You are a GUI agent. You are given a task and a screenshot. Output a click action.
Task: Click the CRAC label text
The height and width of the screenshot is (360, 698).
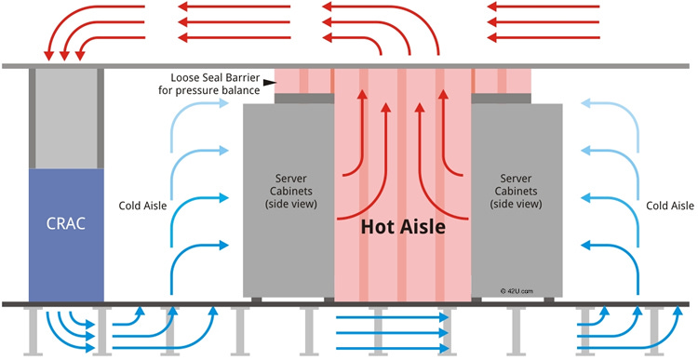[x=64, y=223]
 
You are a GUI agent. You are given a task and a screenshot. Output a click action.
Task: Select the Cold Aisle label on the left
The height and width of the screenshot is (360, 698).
[x=143, y=206]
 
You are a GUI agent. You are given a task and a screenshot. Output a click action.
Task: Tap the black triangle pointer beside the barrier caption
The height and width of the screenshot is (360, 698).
[x=267, y=83]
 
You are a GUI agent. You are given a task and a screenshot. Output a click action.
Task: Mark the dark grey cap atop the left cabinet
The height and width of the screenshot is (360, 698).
[x=289, y=98]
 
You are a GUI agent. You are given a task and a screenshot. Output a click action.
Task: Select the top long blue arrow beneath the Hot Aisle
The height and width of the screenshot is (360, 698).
[x=391, y=318]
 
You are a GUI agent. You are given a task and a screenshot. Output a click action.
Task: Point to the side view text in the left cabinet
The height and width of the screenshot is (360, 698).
[x=288, y=203]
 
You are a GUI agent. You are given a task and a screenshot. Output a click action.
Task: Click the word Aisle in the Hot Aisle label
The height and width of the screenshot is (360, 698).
[x=421, y=225]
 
